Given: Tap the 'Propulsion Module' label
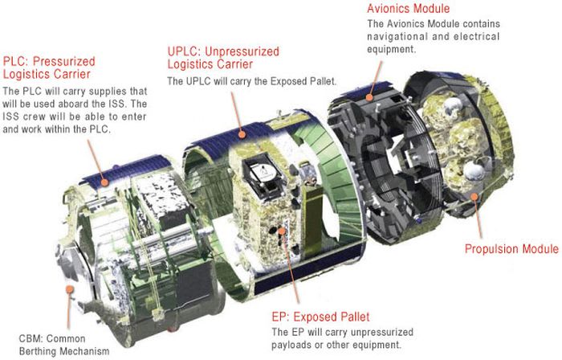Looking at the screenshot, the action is [511, 249].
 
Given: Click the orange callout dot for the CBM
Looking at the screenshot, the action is [71, 287].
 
